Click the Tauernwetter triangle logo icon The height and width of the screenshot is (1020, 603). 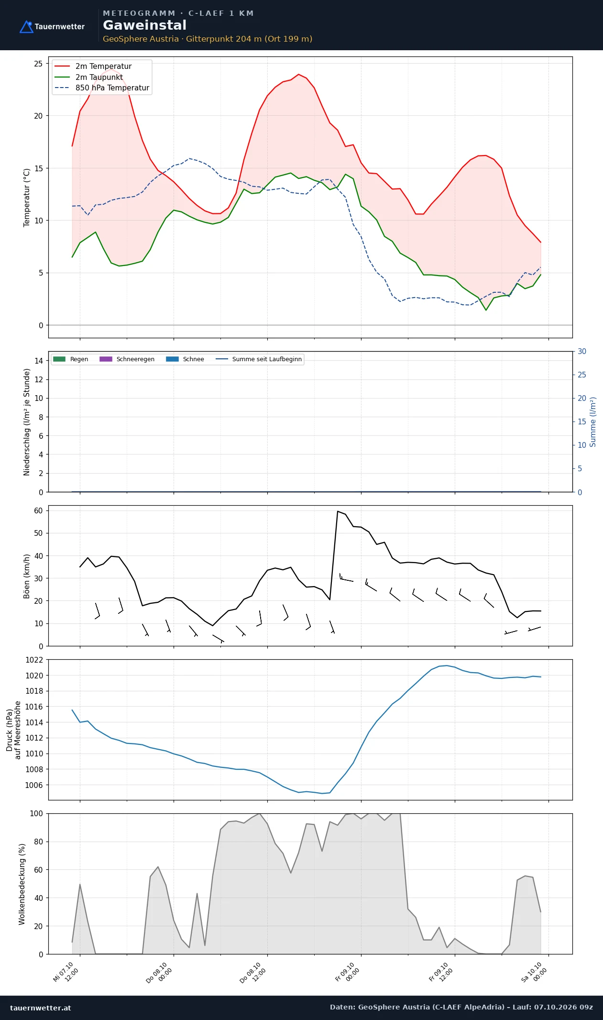pos(26,27)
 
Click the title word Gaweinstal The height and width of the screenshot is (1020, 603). pos(144,25)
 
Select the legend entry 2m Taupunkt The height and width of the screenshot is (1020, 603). pos(89,77)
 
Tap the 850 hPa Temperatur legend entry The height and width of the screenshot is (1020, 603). pos(102,88)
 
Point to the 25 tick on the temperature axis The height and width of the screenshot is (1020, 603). pos(38,64)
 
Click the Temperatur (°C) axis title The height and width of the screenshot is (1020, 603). pos(27,197)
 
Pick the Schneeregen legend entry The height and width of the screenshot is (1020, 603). pos(127,359)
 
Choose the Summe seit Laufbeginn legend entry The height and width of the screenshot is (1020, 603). pos(259,359)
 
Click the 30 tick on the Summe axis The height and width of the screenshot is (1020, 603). pos(581,352)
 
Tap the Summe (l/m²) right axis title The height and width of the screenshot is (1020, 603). pos(593,422)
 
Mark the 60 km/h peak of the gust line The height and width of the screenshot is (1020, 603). pos(338,511)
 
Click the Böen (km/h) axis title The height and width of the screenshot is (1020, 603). pos(27,576)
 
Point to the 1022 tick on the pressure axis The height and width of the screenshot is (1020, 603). pos(34,660)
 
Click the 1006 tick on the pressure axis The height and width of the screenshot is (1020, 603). pos(34,785)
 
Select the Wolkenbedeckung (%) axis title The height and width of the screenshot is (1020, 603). pos(22,884)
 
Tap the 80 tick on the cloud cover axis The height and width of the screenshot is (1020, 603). pos(38,842)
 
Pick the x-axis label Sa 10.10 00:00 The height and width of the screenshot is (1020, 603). pos(534,972)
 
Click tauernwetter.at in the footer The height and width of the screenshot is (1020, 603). pos(40,1008)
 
